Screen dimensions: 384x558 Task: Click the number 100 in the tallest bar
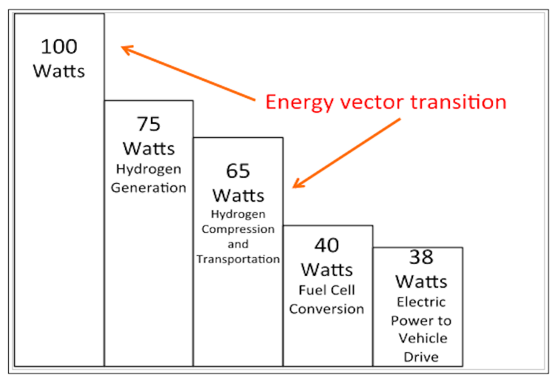(x=59, y=47)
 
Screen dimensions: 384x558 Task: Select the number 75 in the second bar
(x=148, y=123)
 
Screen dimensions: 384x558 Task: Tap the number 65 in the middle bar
(x=238, y=171)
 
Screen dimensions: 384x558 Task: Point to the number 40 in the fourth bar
(x=326, y=245)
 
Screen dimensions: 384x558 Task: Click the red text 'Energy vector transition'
(x=386, y=102)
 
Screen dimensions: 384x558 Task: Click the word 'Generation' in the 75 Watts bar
(x=149, y=188)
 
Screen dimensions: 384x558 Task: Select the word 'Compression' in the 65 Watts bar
(x=238, y=229)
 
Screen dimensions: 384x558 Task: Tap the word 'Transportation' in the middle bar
(x=238, y=259)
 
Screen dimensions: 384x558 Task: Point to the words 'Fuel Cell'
(x=326, y=291)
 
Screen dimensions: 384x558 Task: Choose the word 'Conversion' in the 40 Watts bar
(x=326, y=308)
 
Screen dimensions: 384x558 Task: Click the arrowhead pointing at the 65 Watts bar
(x=296, y=185)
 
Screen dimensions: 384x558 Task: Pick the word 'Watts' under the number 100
(x=59, y=71)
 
